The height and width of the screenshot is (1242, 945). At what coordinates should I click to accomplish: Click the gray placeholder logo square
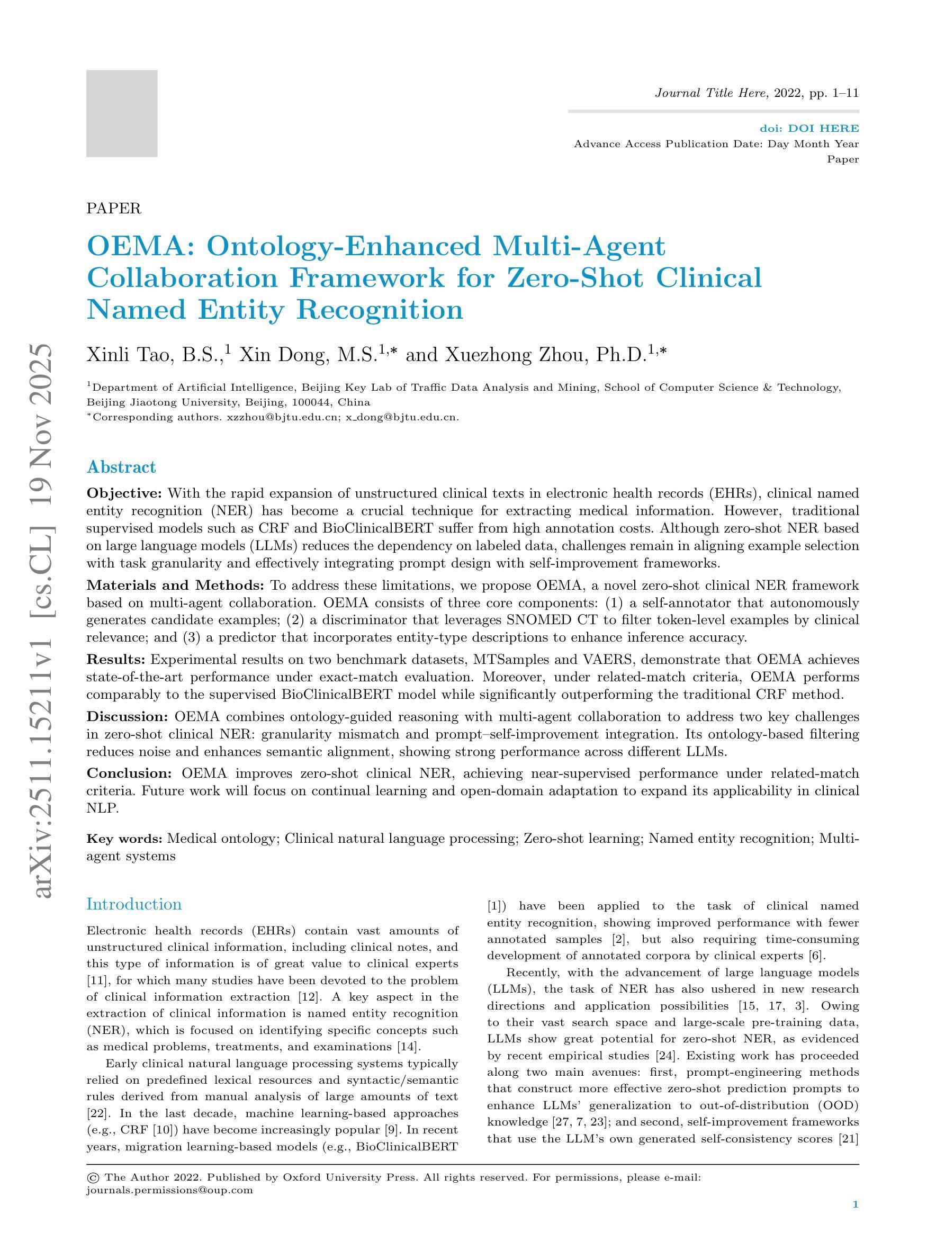click(122, 113)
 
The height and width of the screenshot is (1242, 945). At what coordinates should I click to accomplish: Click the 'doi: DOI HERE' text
click(809, 129)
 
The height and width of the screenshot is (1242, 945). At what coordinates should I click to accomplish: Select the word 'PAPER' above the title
click(114, 209)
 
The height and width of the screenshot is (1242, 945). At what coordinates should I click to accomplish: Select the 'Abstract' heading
click(121, 467)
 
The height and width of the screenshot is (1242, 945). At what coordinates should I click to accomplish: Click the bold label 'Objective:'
click(124, 493)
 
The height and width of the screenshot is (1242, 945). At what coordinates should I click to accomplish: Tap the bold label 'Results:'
click(116, 659)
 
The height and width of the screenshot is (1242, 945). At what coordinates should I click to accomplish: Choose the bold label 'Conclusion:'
click(129, 773)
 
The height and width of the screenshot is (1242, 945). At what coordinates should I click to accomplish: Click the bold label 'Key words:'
click(124, 839)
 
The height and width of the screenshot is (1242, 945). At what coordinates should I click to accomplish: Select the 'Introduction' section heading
click(134, 904)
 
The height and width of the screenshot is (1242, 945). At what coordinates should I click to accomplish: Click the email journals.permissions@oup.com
click(169, 1190)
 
